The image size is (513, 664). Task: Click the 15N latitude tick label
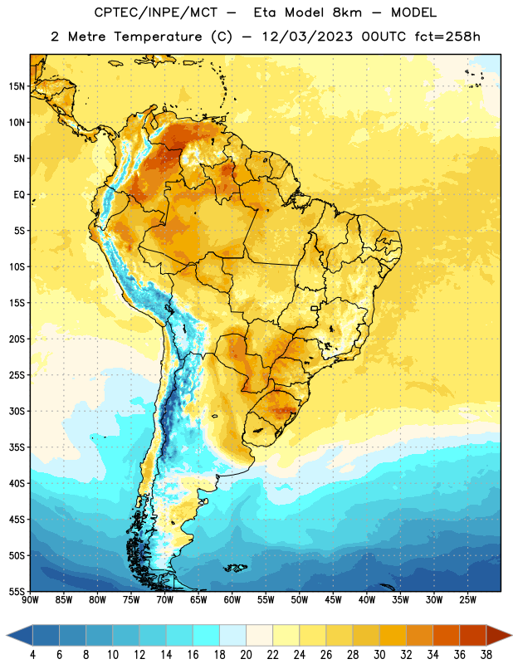[x=17, y=86]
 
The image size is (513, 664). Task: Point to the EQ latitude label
[x=19, y=195]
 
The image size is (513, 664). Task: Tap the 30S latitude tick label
[x=17, y=411]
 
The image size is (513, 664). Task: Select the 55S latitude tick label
[x=17, y=592]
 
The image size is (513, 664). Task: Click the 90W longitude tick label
[x=30, y=600]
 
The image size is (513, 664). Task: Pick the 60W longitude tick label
[x=232, y=600]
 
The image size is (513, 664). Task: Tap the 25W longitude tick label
[x=467, y=600]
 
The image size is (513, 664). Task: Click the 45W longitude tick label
[x=333, y=600]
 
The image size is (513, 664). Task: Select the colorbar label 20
[x=246, y=655]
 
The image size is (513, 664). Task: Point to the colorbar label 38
[x=486, y=655]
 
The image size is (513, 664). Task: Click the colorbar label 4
[x=32, y=655]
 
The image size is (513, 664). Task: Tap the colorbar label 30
[x=379, y=655]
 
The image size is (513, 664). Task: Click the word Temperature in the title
[x=158, y=37]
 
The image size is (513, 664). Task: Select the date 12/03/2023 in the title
[x=306, y=37]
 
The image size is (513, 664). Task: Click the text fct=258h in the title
[x=447, y=37]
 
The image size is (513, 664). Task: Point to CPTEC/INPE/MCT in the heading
[x=155, y=12]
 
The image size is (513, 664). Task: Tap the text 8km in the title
[x=347, y=12]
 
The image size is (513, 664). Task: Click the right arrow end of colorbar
[x=500, y=635]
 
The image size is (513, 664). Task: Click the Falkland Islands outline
[x=235, y=568]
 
